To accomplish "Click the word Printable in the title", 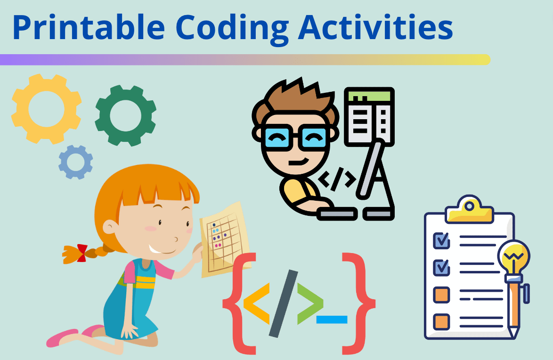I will [x=88, y=27].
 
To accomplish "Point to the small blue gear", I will [x=75, y=162].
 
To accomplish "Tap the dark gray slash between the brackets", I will [x=284, y=303].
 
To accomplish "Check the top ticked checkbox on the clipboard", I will [x=441, y=240].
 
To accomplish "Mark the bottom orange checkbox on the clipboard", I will [x=441, y=322].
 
